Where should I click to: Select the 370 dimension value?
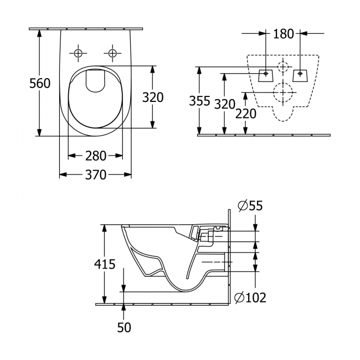tap(95, 175)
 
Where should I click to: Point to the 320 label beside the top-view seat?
tap(153, 97)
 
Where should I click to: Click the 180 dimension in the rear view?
tap(284, 34)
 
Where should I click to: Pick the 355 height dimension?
tap(199, 101)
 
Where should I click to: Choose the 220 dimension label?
tap(245, 114)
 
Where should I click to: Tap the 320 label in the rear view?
tap(225, 104)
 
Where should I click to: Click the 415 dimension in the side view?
tap(105, 264)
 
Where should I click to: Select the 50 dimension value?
tap(124, 327)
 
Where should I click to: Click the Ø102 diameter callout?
tap(250, 298)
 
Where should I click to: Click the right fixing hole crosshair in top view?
tap(113, 53)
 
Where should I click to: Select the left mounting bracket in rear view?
tap(266, 74)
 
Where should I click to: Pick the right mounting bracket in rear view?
tap(300, 74)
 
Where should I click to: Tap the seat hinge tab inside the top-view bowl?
tap(95, 81)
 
